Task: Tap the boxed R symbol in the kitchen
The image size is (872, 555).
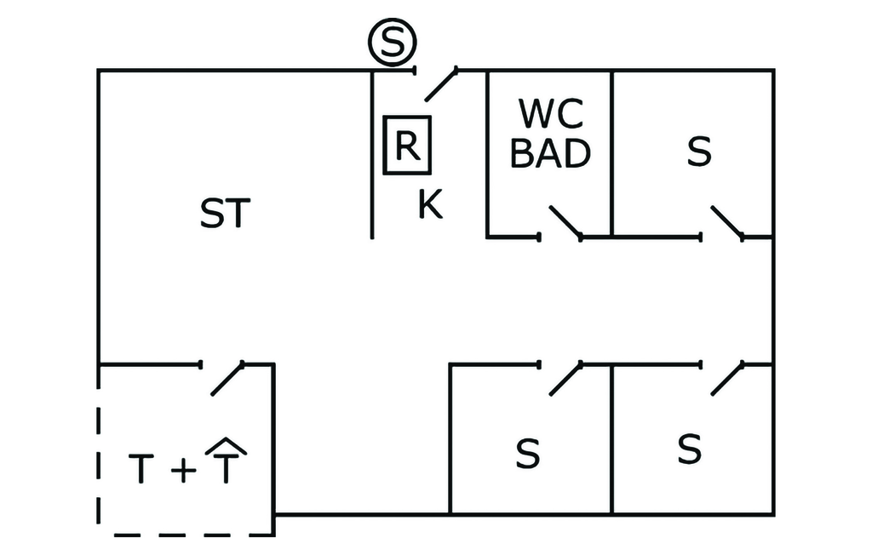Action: [407, 146]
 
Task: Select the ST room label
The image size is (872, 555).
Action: [226, 215]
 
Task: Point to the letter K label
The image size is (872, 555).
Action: [430, 205]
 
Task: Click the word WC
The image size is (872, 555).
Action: [551, 113]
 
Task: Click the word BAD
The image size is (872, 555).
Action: [551, 153]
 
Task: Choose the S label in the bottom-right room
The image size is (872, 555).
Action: [689, 449]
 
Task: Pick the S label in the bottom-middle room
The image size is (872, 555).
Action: [528, 454]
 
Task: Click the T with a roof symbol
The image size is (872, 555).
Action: [225, 461]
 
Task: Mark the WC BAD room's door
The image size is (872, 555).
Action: [565, 222]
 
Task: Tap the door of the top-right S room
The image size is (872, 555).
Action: [726, 222]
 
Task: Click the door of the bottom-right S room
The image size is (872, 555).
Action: [726, 379]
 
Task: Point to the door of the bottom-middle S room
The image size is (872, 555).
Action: [565, 379]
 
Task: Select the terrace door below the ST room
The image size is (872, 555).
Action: [227, 379]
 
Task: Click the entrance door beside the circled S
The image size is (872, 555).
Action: [439, 83]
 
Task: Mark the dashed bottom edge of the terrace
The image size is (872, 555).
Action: [187, 535]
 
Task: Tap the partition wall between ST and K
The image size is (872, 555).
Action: [372, 153]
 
